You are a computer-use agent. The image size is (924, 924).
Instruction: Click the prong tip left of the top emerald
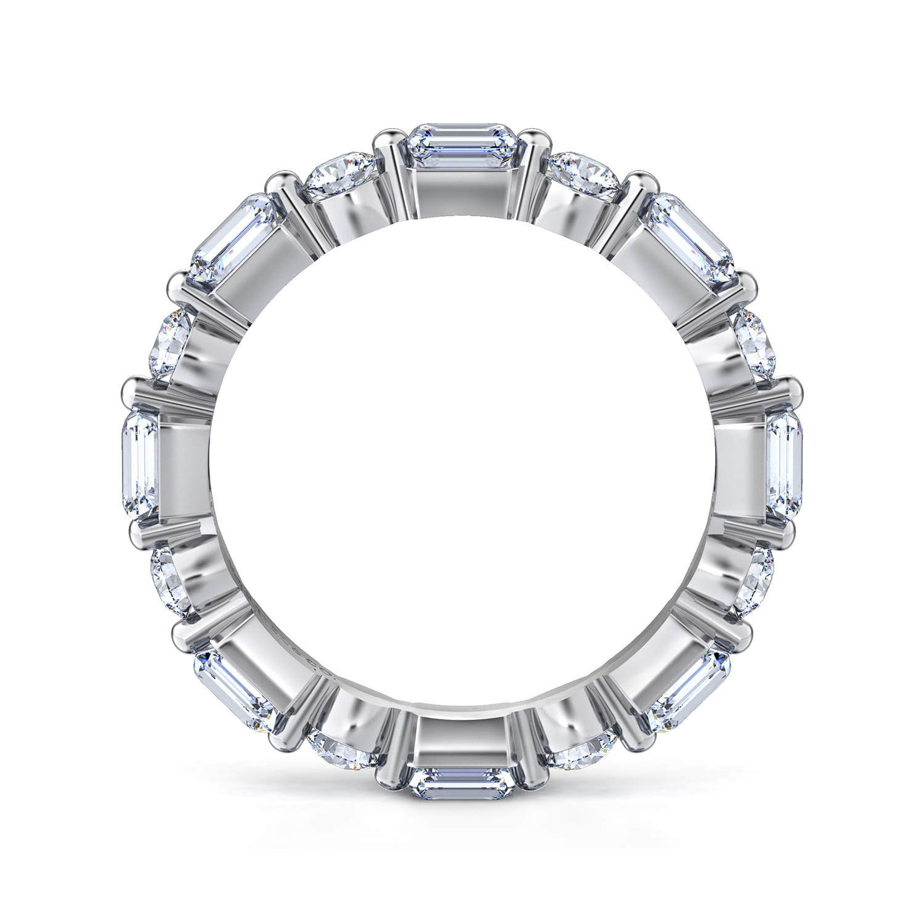pyautogui.click(x=386, y=136)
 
